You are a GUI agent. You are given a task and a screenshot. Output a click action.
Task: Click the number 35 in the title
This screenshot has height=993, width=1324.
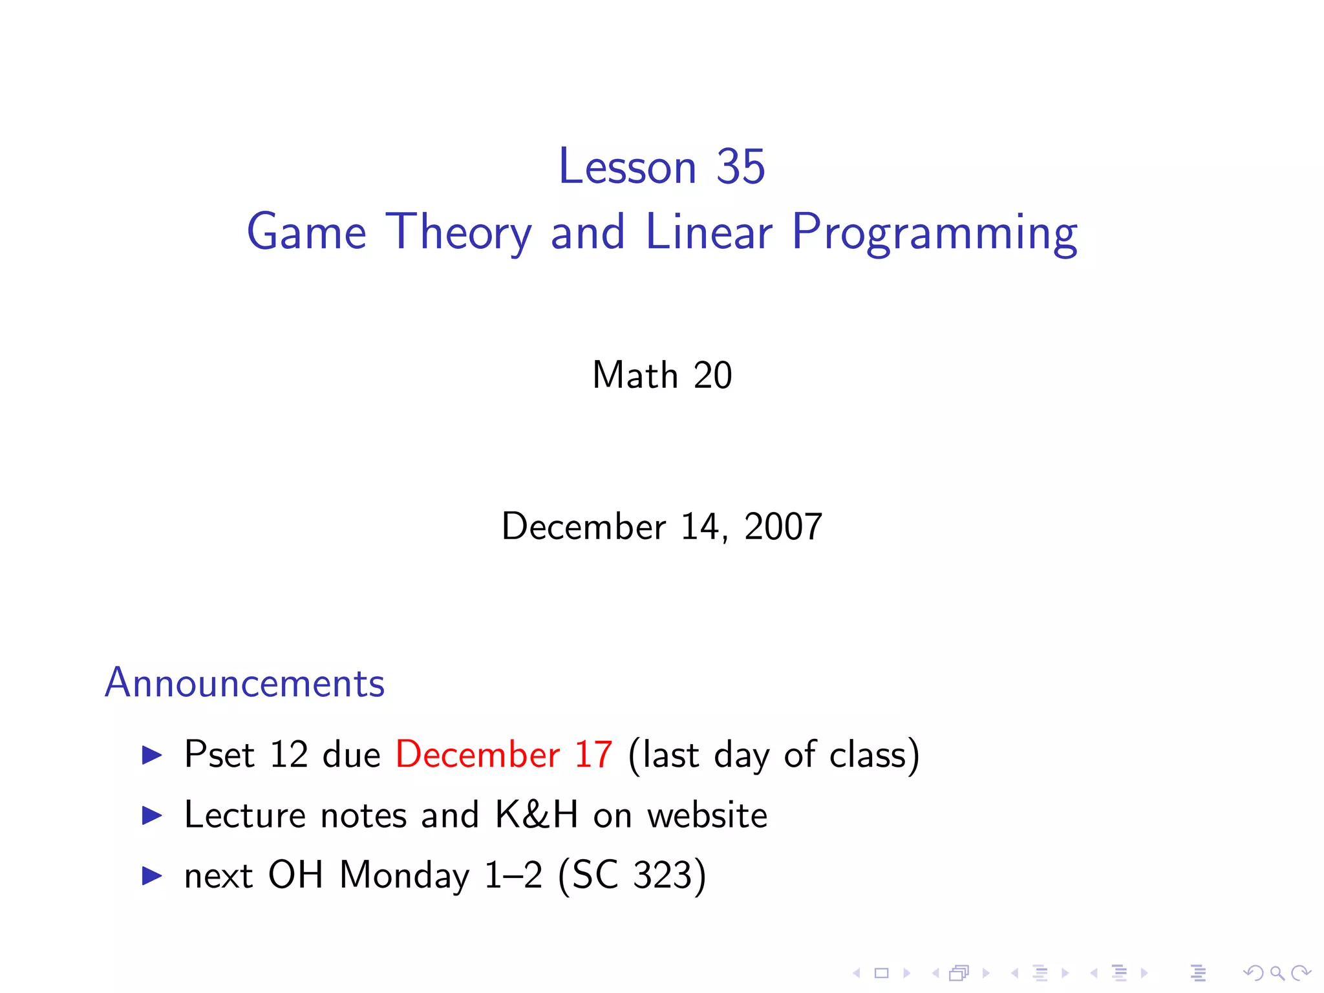pyautogui.click(x=740, y=167)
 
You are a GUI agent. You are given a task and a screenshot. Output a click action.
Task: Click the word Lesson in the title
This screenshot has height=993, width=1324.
pyautogui.click(x=627, y=167)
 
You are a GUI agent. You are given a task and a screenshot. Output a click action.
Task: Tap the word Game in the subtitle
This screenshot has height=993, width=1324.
pyautogui.click(x=306, y=233)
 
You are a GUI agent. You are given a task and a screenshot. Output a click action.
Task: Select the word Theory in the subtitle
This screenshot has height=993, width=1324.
pyautogui.click(x=459, y=233)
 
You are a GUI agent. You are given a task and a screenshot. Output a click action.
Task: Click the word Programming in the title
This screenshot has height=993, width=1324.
pyautogui.click(x=934, y=233)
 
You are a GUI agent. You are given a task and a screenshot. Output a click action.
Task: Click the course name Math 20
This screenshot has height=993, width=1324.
pyautogui.click(x=662, y=375)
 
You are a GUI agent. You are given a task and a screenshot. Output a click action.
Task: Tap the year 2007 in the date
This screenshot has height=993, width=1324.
pyautogui.click(x=783, y=526)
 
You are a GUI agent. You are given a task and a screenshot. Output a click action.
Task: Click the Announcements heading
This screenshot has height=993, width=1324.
pyautogui.click(x=244, y=683)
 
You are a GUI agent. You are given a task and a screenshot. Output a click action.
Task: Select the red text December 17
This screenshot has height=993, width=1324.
pyautogui.click(x=504, y=754)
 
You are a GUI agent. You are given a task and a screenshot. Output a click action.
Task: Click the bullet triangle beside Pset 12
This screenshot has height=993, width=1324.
pyautogui.click(x=152, y=754)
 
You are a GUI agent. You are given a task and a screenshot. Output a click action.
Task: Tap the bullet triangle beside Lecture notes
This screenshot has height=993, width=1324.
pyautogui.click(x=152, y=815)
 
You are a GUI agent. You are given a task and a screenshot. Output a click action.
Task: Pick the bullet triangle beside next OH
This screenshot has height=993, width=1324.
pyautogui.click(x=152, y=875)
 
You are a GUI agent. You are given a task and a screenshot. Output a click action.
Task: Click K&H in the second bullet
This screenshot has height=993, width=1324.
pyautogui.click(x=536, y=815)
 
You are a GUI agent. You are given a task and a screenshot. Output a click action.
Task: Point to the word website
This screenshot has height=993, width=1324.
pyautogui.click(x=707, y=815)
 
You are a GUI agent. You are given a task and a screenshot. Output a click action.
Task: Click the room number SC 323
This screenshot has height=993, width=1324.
pyautogui.click(x=632, y=875)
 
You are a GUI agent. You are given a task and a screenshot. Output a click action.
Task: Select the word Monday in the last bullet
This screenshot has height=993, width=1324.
pyautogui.click(x=404, y=875)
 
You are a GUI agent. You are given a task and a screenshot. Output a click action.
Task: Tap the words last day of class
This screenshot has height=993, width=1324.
pyautogui.click(x=773, y=754)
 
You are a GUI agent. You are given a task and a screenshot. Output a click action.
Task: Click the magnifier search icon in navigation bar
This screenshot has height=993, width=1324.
pyautogui.click(x=1277, y=972)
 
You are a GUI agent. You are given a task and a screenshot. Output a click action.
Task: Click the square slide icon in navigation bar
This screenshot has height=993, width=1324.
pyautogui.click(x=881, y=972)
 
